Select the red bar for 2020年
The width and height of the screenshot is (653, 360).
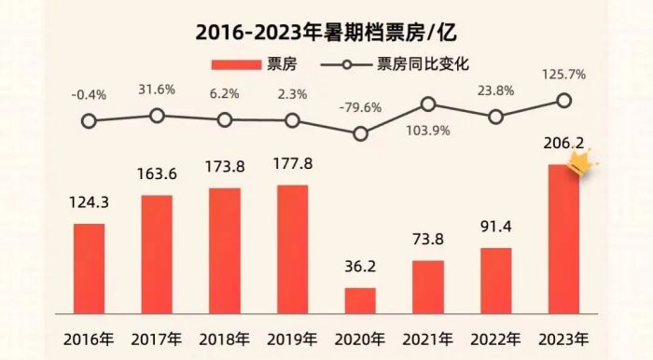[360, 300]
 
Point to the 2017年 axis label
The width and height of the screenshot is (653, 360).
[157, 337]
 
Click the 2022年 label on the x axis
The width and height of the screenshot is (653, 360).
[495, 337]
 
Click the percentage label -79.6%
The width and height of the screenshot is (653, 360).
[360, 107]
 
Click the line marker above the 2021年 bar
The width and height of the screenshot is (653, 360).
[428, 104]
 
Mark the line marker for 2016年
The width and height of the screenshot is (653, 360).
[89, 120]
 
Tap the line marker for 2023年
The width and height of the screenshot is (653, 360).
[563, 101]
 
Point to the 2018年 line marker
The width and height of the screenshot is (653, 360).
[224, 119]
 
